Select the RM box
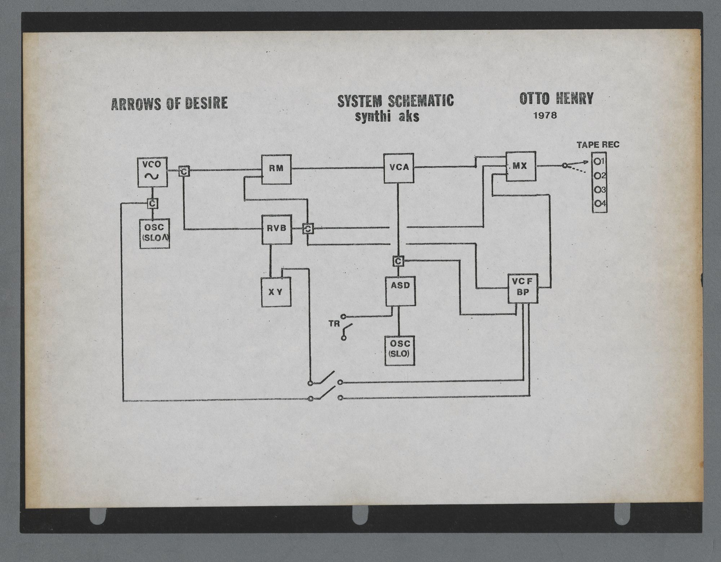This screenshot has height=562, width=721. tap(276, 169)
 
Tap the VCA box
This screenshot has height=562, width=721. tap(399, 168)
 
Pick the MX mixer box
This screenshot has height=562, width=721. tap(521, 166)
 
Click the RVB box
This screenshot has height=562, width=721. tap(277, 229)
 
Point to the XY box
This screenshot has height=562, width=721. tap(276, 292)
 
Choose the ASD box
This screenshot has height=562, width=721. tap(400, 291)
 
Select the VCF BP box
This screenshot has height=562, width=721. tap(523, 288)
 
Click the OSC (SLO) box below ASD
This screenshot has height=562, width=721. tap(399, 351)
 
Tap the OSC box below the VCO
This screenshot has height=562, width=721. tap(155, 233)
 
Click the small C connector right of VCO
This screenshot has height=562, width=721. tap(184, 172)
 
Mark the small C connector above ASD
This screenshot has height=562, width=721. tap(398, 261)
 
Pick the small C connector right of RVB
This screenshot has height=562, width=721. tap(308, 229)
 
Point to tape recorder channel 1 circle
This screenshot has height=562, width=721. tap(597, 162)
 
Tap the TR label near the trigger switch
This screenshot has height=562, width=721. tap(334, 324)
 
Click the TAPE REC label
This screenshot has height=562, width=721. tap(598, 145)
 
